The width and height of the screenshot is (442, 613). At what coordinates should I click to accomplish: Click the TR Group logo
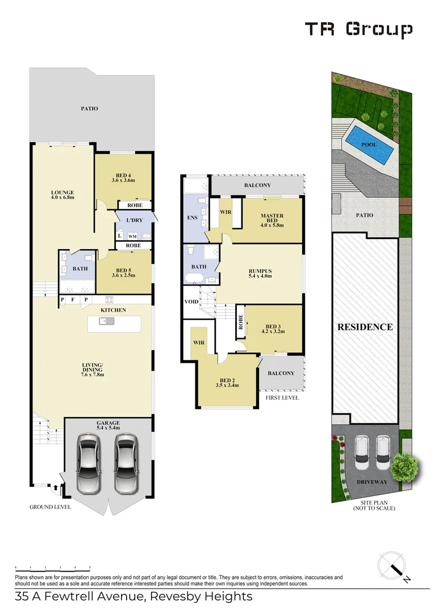358,30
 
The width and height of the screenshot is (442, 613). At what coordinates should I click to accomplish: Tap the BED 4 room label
123,178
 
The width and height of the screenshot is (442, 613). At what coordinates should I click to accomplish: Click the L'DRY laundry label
135,220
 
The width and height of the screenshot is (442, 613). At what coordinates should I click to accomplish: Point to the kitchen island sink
107,321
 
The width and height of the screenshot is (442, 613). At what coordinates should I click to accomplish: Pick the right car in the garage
126,463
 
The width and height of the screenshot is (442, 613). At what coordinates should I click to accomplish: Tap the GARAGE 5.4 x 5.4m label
109,425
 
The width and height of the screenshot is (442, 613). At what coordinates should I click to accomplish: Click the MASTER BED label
272,220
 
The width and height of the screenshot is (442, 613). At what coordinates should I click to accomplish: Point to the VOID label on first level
191,302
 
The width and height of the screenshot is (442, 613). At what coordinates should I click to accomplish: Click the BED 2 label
227,383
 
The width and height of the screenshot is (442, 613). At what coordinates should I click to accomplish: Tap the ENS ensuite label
192,218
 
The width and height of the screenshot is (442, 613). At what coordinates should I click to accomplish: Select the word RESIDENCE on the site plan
365,327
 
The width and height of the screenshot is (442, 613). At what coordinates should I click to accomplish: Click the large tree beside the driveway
404,466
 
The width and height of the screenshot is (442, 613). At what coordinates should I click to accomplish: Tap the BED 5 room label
123,272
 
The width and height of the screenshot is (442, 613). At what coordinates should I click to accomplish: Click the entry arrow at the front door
56,488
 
